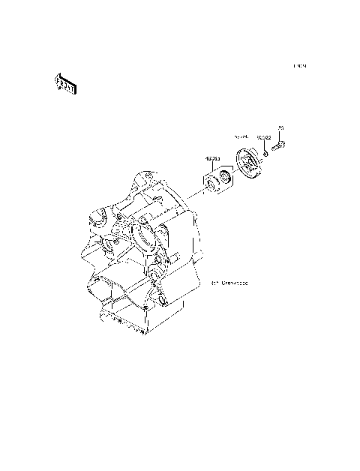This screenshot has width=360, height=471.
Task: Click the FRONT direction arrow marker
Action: point(65,85)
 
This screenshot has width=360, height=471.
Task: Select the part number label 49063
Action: point(213,159)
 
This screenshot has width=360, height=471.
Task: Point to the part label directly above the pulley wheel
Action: point(241,139)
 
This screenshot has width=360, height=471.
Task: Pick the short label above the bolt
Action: point(280,128)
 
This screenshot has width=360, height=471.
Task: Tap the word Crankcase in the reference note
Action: point(235,284)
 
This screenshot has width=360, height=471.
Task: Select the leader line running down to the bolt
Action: point(280,137)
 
